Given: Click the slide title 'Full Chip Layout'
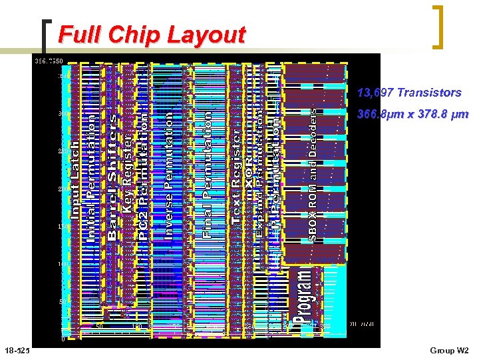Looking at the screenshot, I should [152, 35].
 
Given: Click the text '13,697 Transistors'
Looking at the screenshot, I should [409, 93].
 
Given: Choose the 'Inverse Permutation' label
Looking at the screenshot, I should [168, 175].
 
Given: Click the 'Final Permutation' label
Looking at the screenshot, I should [208, 175].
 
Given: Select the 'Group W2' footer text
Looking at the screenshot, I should [449, 351].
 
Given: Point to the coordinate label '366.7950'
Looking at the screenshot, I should [49, 61].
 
